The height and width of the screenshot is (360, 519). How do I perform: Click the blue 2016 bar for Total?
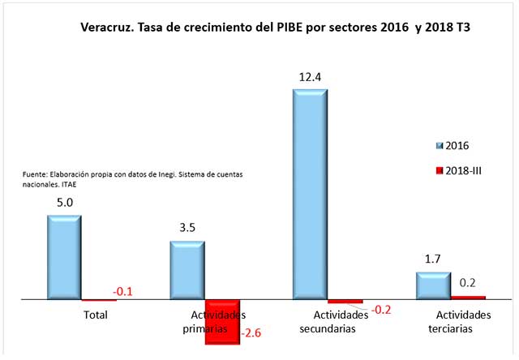click(x=64, y=257)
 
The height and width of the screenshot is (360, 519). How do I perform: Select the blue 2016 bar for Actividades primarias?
click(x=187, y=270)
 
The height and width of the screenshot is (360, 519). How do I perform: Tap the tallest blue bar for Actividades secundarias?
click(x=309, y=194)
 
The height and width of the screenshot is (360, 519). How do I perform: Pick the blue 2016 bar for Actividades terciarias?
click(x=432, y=285)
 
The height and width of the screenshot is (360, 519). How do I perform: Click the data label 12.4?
click(x=310, y=77)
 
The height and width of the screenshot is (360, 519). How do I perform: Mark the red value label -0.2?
click(x=380, y=308)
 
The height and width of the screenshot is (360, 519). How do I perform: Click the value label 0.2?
click(x=467, y=284)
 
